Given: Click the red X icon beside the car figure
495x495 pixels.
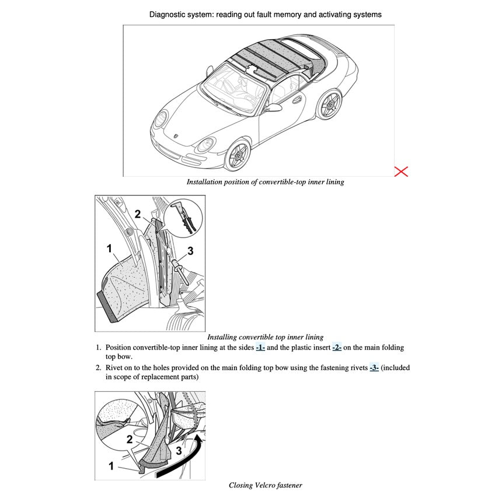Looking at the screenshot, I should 401,171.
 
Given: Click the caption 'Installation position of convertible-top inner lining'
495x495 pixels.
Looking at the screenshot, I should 265,182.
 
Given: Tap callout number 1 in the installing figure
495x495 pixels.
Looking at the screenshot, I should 109,248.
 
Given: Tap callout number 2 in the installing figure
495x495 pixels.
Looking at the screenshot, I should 138,214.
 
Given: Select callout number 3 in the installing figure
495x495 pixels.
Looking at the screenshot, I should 190,251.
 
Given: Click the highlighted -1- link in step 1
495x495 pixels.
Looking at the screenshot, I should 260,347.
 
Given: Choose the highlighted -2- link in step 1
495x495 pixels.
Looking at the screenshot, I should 337,347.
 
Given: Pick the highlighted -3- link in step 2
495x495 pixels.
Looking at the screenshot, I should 374,368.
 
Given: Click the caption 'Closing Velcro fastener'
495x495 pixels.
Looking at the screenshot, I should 265,485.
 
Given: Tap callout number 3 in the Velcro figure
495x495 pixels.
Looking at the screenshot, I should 179,450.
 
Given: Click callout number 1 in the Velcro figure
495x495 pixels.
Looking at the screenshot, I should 111,466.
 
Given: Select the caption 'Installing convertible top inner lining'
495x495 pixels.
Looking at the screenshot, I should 265,337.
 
